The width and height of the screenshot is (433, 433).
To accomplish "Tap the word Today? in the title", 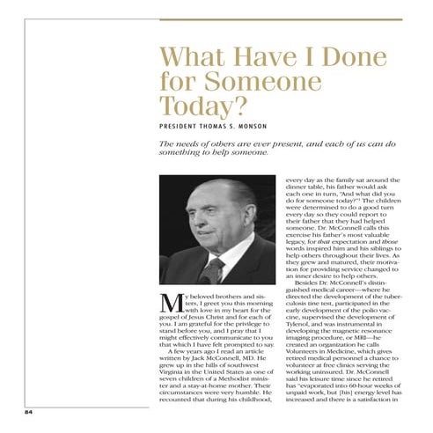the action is point(198,107).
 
